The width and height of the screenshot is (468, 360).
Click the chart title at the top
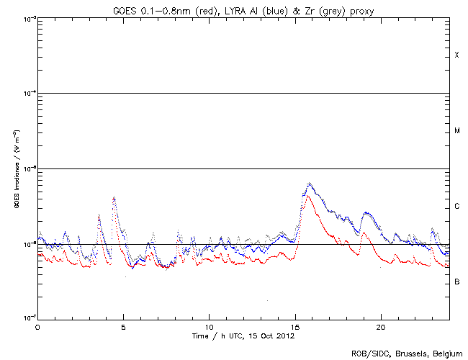[x=243, y=8]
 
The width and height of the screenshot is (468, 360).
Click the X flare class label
[x=456, y=55]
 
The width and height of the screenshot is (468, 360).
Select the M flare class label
[x=456, y=130]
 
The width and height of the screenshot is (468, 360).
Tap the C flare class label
[x=456, y=207]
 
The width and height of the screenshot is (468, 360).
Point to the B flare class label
[x=456, y=282]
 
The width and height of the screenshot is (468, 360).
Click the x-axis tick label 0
[x=37, y=326]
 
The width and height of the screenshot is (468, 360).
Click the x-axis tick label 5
[x=123, y=326]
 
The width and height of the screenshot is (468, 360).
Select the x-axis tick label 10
[x=209, y=326]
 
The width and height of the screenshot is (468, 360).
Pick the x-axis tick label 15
[x=295, y=326]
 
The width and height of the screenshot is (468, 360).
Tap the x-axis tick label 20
[x=381, y=326]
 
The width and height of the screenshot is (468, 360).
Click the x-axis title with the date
[x=243, y=336]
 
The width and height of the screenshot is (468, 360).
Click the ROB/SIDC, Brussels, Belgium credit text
[x=406, y=354]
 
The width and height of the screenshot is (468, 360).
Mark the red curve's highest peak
[x=308, y=195]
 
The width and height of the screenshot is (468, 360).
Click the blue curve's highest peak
[x=310, y=184]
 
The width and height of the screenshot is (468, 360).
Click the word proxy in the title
[x=361, y=8]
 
